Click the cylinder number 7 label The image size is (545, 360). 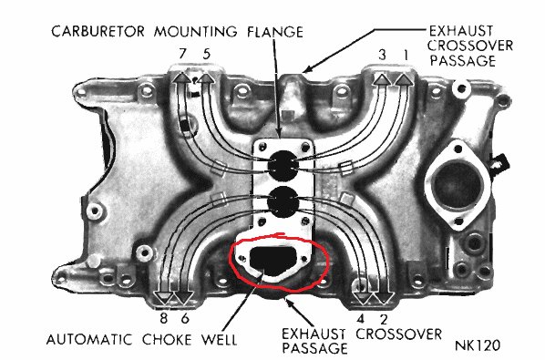[183, 54]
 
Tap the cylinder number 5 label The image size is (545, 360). [207, 54]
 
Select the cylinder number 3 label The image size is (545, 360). [382, 55]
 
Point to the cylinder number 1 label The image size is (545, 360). [406, 55]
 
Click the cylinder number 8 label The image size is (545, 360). [163, 318]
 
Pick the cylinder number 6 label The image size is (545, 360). [185, 318]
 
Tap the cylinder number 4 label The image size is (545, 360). [361, 319]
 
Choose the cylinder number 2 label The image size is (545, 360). [384, 319]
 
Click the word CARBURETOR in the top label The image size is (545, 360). [98, 32]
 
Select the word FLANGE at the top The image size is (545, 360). [275, 32]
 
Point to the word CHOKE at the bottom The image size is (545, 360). [167, 340]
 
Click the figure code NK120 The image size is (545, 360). [478, 345]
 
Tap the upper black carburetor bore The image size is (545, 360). [283, 165]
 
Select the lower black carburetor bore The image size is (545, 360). [283, 202]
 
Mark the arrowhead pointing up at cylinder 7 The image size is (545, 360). [181, 77]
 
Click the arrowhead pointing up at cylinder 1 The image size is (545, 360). [405, 79]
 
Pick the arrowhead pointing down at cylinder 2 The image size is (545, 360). [383, 298]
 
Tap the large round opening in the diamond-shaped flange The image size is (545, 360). [458, 186]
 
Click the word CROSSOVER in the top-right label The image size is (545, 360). [470, 46]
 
